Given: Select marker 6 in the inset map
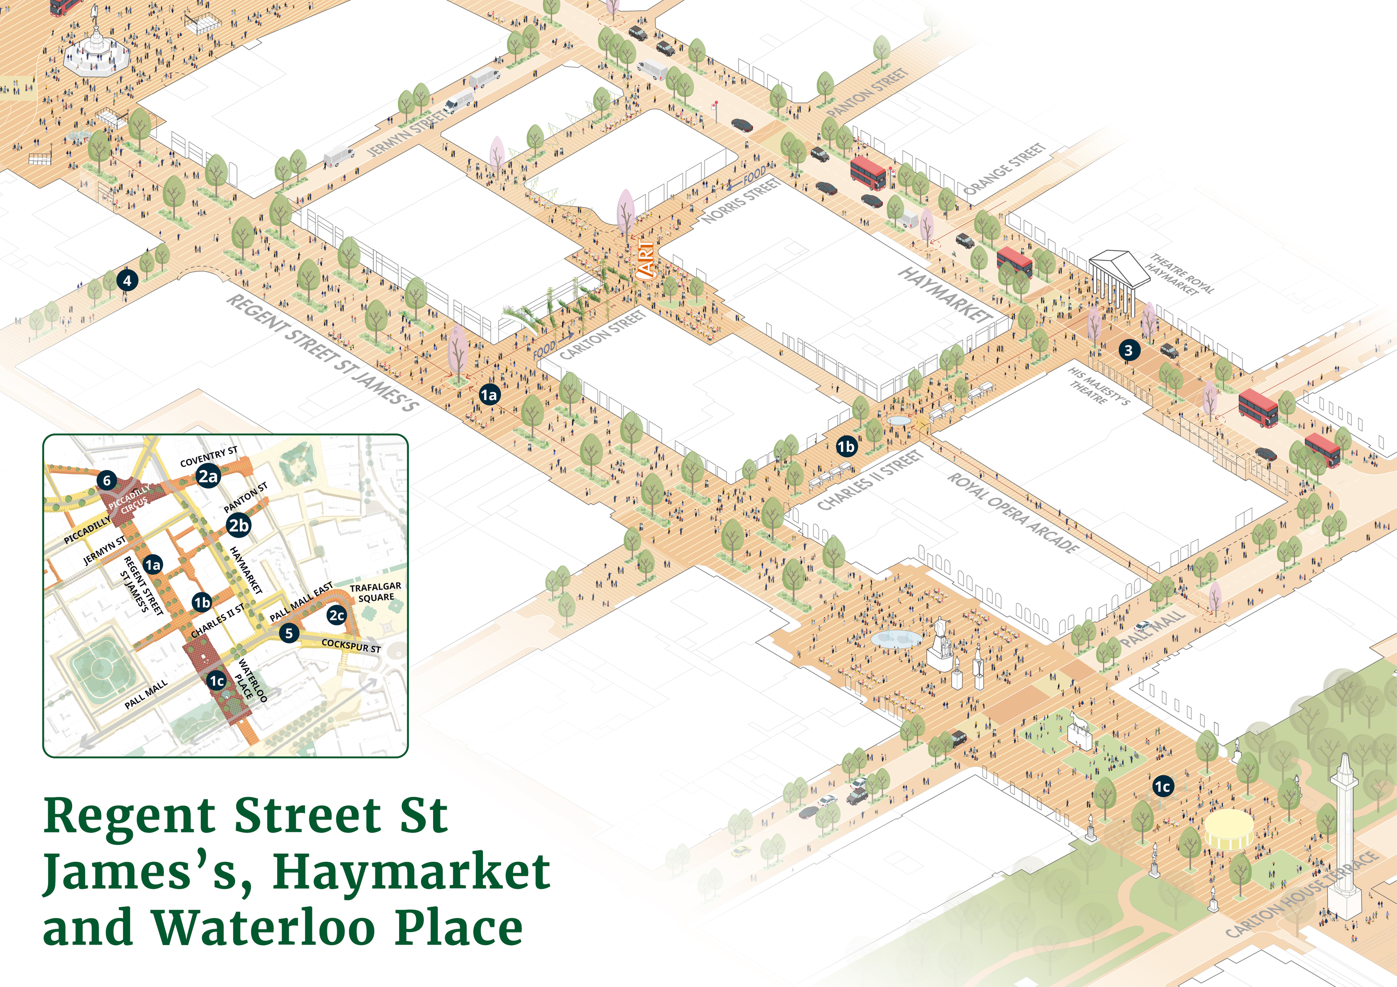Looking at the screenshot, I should (x=107, y=480).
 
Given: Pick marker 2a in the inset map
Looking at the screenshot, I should (x=208, y=476).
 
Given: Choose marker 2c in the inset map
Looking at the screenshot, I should (x=337, y=616).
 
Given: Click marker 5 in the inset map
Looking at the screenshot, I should (x=289, y=633).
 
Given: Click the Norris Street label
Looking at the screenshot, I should (x=742, y=200).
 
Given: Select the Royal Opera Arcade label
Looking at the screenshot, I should (x=1014, y=513).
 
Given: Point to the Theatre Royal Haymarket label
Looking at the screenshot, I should (x=1181, y=274).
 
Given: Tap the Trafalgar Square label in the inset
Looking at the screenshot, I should (x=375, y=592).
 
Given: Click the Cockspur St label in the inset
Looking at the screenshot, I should (x=351, y=645).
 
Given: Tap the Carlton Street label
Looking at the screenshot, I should (x=603, y=334).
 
